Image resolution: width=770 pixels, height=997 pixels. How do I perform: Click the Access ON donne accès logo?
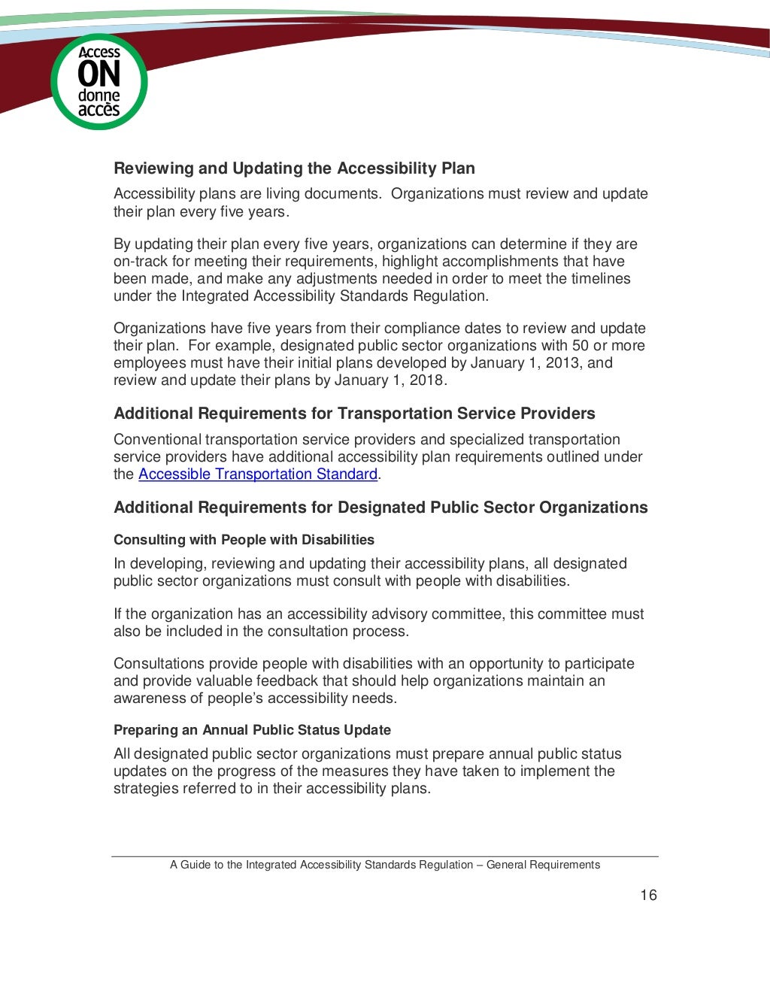(99, 81)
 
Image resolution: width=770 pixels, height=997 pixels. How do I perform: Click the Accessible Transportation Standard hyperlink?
(258, 474)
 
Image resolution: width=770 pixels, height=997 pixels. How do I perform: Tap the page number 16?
(648, 895)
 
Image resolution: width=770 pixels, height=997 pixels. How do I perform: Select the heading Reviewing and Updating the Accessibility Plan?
(294, 168)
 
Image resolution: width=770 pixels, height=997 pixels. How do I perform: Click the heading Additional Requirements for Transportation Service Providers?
(354, 414)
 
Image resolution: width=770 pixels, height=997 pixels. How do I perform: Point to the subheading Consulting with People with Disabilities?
(244, 540)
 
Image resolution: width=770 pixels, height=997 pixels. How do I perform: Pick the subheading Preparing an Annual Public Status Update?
(252, 730)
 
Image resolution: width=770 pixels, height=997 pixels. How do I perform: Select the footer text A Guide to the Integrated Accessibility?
(384, 865)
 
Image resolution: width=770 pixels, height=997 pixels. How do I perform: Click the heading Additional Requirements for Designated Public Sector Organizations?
(380, 508)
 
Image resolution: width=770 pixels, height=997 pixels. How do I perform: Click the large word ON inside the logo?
(99, 74)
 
